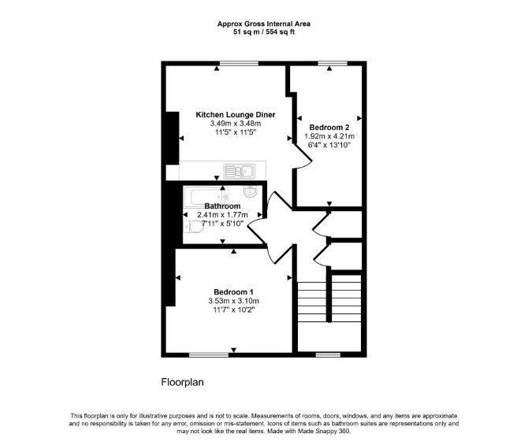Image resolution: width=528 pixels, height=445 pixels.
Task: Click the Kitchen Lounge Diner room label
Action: (x=236, y=115)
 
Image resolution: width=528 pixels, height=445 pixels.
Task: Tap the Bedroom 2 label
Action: (x=329, y=128)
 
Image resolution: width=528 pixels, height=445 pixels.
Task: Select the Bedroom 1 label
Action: (x=233, y=292)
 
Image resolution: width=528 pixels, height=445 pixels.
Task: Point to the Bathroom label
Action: (x=222, y=206)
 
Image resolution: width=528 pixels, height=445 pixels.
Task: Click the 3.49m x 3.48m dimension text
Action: (x=236, y=124)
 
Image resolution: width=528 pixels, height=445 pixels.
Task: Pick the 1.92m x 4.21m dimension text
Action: (x=329, y=136)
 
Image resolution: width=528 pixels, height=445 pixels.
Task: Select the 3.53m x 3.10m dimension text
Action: (x=233, y=301)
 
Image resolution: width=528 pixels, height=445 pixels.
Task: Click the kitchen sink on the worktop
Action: (x=239, y=171)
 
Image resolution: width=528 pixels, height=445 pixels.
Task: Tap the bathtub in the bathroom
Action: (x=206, y=196)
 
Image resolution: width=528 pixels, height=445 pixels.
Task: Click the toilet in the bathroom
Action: (x=194, y=226)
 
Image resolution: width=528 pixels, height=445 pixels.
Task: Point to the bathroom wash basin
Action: (x=250, y=192)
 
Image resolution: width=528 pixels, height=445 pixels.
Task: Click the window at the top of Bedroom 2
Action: (x=333, y=63)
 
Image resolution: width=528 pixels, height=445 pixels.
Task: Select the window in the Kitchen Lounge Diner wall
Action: (x=239, y=63)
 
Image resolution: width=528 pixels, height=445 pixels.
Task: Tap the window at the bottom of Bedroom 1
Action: (x=209, y=354)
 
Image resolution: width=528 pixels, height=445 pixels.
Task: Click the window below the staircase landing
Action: (x=328, y=354)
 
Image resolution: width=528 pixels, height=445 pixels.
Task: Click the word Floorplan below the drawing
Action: (x=182, y=383)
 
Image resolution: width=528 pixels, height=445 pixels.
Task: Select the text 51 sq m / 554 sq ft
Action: (x=264, y=32)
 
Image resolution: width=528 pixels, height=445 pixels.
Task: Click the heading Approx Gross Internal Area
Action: (x=264, y=24)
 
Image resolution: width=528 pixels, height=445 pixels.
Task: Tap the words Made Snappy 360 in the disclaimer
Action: (x=324, y=431)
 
